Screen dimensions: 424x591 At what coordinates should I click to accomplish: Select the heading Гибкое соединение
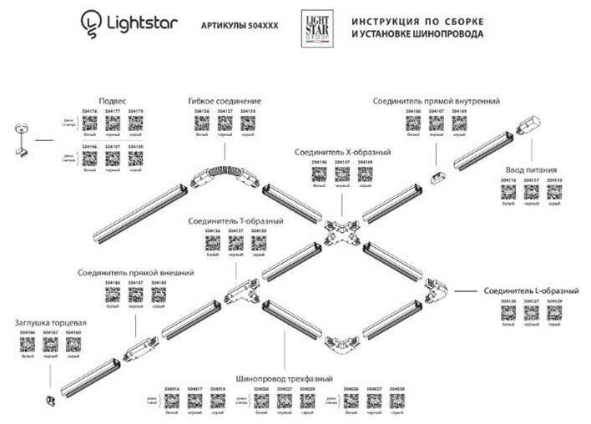225,100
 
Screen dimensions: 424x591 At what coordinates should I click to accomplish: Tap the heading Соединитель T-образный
235,221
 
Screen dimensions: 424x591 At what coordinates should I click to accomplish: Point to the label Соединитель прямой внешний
135,272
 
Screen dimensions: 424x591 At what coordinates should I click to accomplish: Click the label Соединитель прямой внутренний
437,100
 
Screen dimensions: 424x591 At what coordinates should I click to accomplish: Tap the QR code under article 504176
92,124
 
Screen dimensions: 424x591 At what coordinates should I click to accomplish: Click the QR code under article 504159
248,124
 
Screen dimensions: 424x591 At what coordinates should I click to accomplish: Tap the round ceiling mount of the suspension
18,128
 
